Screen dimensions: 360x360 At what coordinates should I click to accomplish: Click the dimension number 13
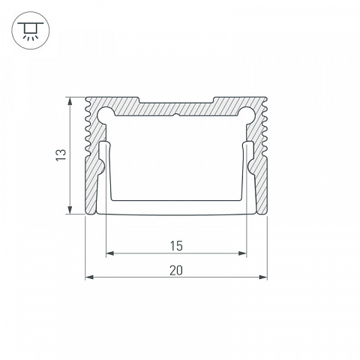(x=61, y=155)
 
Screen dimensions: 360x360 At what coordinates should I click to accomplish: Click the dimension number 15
(x=176, y=246)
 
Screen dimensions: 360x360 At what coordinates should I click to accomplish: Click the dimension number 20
(x=176, y=271)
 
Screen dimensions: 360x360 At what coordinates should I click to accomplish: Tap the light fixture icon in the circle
(x=31, y=31)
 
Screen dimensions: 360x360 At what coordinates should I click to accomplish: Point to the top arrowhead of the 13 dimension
(x=70, y=101)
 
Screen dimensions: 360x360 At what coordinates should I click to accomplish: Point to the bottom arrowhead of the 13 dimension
(x=70, y=210)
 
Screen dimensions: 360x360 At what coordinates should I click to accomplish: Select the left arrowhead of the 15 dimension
(x=110, y=253)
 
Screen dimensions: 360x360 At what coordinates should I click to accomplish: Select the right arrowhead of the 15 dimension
(x=242, y=253)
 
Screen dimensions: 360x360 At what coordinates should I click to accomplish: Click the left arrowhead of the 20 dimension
(x=89, y=277)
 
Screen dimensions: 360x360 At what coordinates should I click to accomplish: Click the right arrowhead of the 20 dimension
(x=263, y=277)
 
